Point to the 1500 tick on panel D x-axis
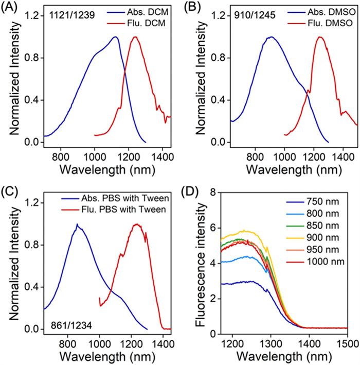pos(347,343)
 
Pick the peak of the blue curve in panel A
pos(115,37)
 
